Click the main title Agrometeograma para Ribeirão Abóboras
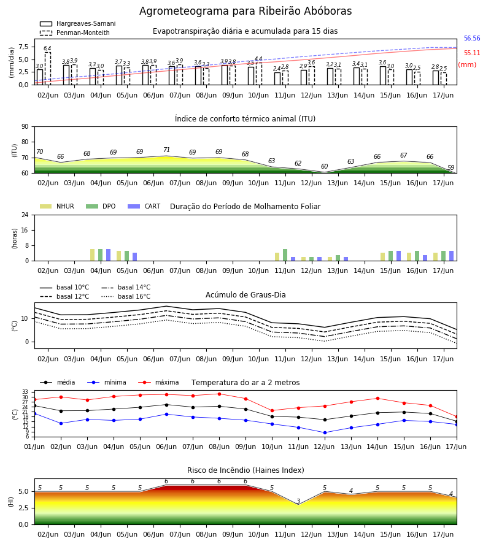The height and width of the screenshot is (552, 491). (x=245, y=11)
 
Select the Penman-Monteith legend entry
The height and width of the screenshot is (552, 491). (x=75, y=33)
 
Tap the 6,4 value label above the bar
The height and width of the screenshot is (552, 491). (x=47, y=48)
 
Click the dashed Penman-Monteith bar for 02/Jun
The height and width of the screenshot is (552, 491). (x=47, y=69)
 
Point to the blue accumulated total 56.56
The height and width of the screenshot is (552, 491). (x=472, y=39)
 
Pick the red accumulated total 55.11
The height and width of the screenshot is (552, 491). (x=472, y=53)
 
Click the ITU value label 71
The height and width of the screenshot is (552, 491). (x=166, y=150)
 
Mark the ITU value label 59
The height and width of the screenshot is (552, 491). (x=451, y=167)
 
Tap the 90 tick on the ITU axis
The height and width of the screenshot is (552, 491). (x=25, y=127)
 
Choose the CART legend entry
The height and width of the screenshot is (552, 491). (x=144, y=206)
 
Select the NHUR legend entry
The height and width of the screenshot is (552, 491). (x=57, y=206)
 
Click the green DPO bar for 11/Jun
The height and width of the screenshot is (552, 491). (x=285, y=255)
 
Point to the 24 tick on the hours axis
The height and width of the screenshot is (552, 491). (x=25, y=215)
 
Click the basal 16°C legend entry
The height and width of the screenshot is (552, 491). (x=126, y=296)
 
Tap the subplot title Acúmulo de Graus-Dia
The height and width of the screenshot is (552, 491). (x=245, y=295)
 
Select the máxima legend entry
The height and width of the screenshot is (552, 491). (x=158, y=382)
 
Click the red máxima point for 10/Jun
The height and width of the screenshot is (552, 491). (x=272, y=410)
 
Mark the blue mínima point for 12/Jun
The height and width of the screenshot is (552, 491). (x=325, y=432)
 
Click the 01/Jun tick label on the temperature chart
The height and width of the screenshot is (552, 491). (x=34, y=447)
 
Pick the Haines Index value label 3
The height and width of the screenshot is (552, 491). (x=298, y=501)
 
